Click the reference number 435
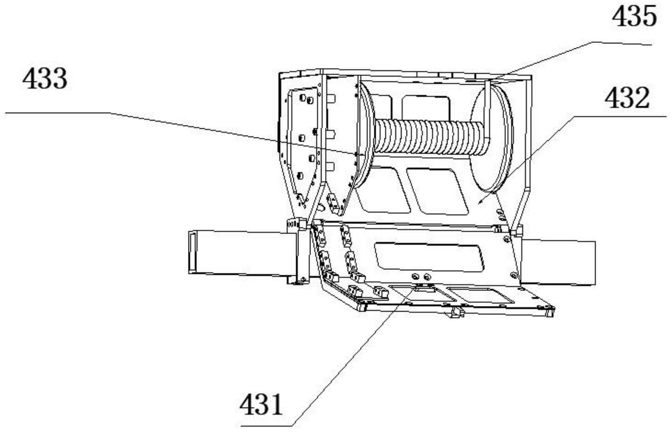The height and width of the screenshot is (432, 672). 634,17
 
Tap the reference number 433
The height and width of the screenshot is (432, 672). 45,79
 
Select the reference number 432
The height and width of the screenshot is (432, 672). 627,98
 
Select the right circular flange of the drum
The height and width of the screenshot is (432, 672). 491,138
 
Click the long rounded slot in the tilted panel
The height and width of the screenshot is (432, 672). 429,257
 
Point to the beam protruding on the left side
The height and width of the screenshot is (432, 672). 241,252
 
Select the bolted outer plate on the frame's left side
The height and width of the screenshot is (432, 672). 301,142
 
